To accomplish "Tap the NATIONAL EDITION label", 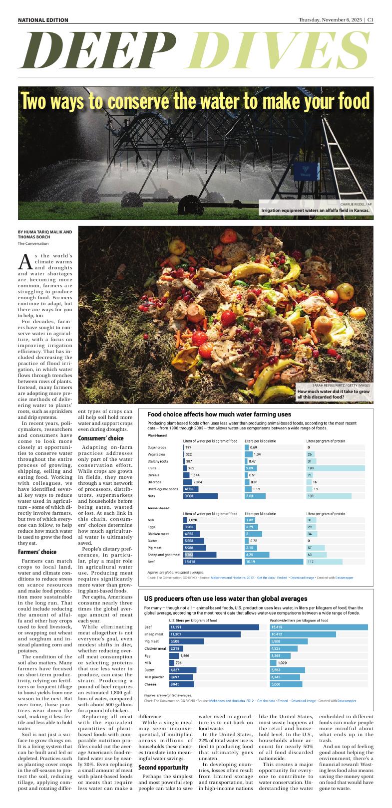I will click(43, 20).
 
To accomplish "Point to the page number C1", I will click(370, 20).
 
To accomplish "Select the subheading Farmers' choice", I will click(37, 552).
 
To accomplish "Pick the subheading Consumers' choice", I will click(101, 438).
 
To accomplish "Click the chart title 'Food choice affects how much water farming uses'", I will click(219, 414).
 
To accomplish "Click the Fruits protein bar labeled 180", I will click(335, 468).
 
